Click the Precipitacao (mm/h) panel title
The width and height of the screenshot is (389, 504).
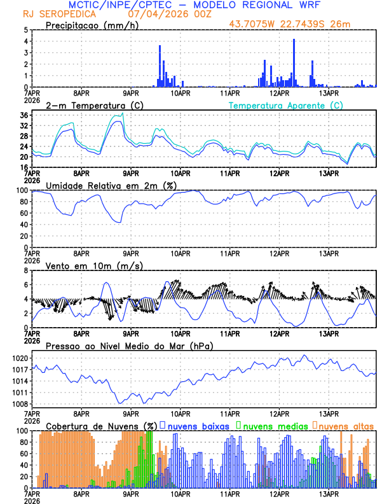(x=92, y=25)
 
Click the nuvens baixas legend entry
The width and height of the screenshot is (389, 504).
(x=200, y=426)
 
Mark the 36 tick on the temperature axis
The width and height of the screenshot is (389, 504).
(x=23, y=115)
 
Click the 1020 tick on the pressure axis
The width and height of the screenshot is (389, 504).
(x=19, y=358)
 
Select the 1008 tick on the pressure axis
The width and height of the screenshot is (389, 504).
(x=19, y=404)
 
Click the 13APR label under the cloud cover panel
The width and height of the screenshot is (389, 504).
(x=329, y=493)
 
